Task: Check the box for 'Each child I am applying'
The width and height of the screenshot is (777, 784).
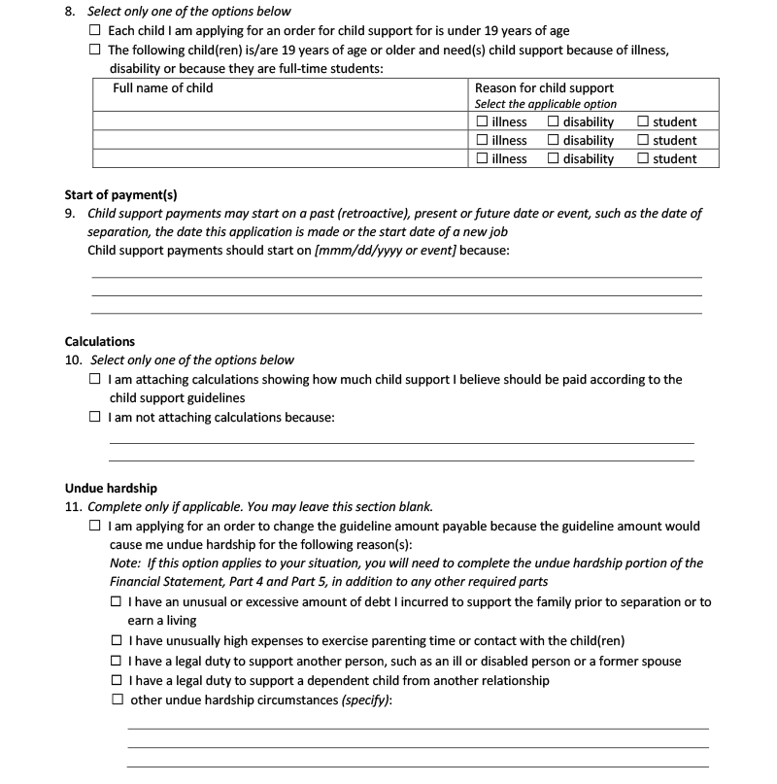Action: tap(94, 31)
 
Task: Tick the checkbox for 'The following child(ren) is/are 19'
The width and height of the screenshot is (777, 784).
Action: tap(94, 50)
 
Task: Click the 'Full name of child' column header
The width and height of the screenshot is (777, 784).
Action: tap(163, 88)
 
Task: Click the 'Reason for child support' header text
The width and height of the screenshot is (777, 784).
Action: tap(544, 88)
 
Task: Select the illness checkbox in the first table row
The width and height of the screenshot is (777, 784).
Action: tap(483, 122)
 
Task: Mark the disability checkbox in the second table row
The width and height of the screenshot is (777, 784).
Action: tap(553, 141)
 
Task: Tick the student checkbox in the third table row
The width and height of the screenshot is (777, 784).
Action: tap(643, 159)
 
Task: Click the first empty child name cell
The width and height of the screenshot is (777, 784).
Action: tap(280, 122)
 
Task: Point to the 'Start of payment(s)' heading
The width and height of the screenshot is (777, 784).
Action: tap(120, 194)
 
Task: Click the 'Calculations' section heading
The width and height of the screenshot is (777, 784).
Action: tap(100, 342)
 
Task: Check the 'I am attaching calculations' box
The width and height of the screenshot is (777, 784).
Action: tap(94, 380)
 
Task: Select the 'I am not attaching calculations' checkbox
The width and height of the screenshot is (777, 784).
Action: tap(94, 417)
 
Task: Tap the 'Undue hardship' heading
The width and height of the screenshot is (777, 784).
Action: tap(111, 488)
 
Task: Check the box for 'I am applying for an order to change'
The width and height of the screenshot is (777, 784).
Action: tap(94, 526)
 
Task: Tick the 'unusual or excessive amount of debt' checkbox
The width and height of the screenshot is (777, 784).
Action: tap(117, 602)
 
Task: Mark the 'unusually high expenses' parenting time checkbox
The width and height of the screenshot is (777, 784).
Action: tap(117, 640)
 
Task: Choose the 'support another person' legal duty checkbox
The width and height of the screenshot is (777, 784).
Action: tap(117, 661)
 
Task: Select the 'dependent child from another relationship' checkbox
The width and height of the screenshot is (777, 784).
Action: tap(117, 680)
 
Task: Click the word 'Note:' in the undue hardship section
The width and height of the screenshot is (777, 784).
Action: tap(124, 563)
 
